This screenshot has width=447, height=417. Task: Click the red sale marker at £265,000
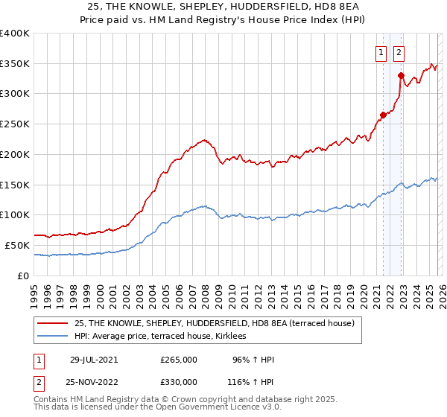pyautogui.click(x=383, y=115)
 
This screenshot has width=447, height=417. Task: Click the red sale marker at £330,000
pyautogui.click(x=401, y=75)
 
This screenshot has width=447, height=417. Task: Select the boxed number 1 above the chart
pyautogui.click(x=381, y=52)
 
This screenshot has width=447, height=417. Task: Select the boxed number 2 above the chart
pyautogui.click(x=399, y=52)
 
